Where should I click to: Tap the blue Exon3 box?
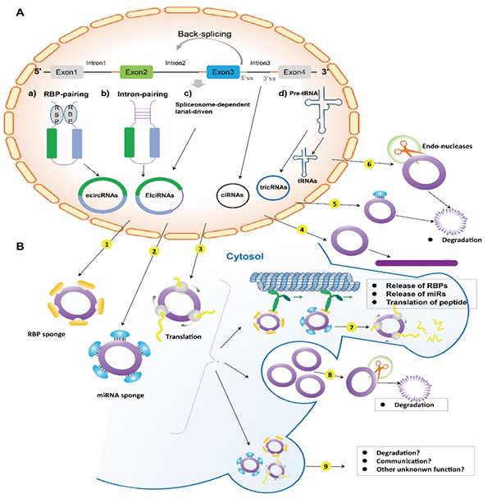tap(224, 72)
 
